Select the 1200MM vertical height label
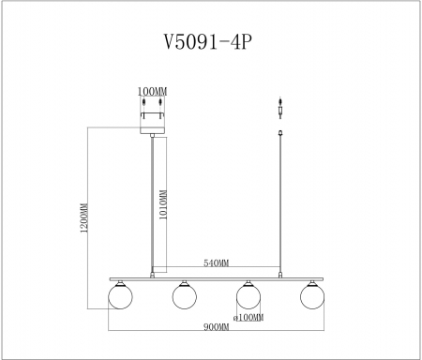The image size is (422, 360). (x=83, y=220)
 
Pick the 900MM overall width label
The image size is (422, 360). (x=216, y=327)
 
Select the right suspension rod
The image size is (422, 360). (x=281, y=206)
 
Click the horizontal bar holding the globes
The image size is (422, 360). (x=216, y=278)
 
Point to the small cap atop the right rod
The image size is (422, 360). (x=281, y=133)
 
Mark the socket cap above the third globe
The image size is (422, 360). (x=248, y=282)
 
